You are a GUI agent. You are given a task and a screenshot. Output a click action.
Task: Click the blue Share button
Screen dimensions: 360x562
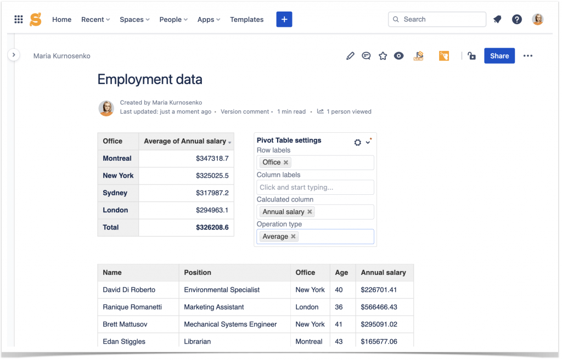499,56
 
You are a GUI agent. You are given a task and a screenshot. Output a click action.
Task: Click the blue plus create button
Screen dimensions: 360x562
284,19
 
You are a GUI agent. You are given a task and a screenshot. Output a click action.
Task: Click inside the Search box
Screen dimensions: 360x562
439,19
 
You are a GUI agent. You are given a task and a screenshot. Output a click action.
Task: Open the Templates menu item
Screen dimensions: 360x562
246,19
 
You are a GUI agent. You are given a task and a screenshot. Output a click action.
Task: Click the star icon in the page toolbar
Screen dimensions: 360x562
383,56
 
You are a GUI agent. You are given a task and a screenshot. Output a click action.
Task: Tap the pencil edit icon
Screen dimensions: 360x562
350,56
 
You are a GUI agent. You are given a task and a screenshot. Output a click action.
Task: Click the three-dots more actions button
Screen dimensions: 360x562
527,56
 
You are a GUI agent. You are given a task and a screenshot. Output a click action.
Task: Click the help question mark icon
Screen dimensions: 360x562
516,19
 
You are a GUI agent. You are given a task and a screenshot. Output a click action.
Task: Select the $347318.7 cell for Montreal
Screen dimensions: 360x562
212,158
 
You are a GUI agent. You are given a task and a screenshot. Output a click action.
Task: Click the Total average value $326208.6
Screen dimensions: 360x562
212,227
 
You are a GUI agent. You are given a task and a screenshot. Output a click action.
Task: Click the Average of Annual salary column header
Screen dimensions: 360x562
185,141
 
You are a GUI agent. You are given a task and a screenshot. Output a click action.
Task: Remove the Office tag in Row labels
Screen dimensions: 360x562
286,162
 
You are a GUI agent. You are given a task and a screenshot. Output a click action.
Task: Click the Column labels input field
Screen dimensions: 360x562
315,187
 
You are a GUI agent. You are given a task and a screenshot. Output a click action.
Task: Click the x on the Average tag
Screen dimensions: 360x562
294,237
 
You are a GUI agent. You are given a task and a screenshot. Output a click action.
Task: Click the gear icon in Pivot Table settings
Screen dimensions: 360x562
358,142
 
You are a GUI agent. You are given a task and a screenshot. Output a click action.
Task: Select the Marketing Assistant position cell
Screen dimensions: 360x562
214,307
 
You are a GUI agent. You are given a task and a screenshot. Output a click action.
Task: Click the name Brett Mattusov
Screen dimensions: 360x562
125,324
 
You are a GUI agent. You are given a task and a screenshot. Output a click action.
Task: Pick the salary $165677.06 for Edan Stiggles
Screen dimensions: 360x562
379,341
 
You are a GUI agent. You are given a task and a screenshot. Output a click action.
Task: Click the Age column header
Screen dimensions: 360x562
341,272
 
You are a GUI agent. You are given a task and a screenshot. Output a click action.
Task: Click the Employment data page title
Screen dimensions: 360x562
150,80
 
